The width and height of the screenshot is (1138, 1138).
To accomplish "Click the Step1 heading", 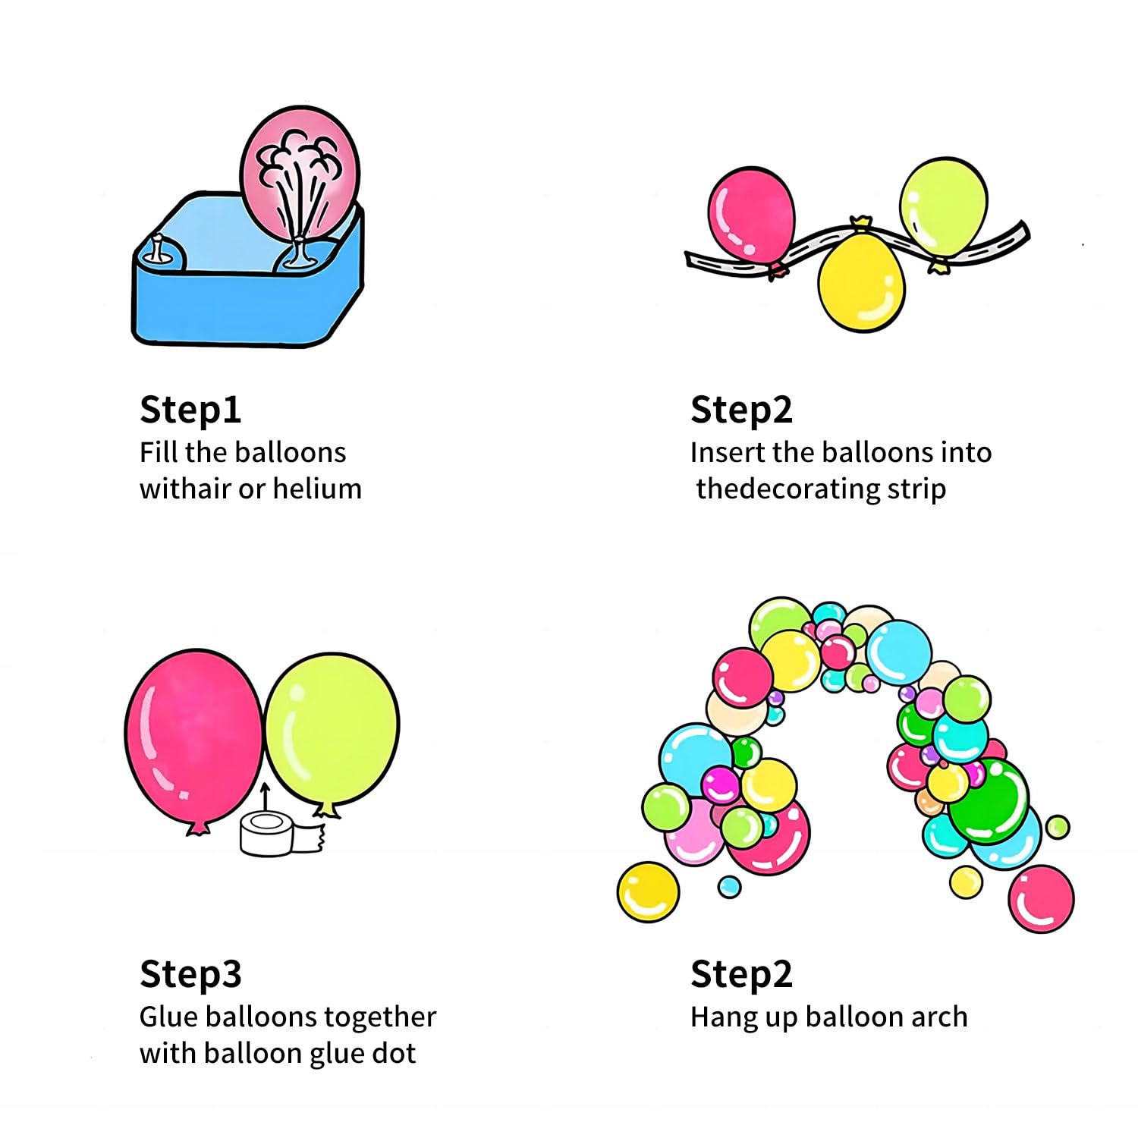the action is pos(190,410).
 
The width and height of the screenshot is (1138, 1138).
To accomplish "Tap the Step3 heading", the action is pos(190,975).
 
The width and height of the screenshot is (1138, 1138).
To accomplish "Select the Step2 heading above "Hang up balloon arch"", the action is pos(741,975).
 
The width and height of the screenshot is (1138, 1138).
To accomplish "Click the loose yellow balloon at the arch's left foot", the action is pos(648,891).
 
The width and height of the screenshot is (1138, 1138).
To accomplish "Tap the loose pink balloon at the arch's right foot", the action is pos(1041,898).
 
